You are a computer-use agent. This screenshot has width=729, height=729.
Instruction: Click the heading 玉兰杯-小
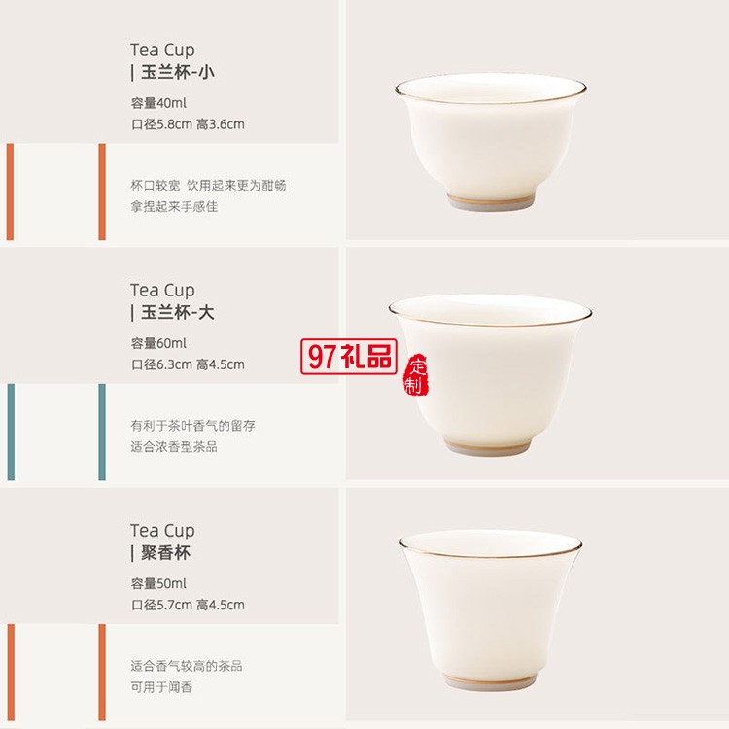pos(178,73)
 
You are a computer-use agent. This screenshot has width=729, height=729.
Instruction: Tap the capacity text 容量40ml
pos(158,103)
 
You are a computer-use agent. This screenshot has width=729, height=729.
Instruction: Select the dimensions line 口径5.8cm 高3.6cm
pos(188,124)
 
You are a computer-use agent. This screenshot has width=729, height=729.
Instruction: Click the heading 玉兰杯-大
pos(178,312)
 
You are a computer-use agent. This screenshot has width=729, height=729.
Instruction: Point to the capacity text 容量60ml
pos(158,343)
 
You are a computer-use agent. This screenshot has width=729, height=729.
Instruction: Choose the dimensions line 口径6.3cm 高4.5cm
pos(188,364)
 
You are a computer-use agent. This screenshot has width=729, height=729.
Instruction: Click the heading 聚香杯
pos(165,553)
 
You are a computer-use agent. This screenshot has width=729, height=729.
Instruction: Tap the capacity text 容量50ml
pos(158,583)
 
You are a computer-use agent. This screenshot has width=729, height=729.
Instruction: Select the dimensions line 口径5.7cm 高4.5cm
pos(188,605)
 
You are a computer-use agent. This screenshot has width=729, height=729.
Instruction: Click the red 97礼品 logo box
pos(349,357)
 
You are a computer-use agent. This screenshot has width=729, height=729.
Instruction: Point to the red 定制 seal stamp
pos(416,375)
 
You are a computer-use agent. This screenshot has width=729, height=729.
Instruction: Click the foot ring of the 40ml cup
pos(491,202)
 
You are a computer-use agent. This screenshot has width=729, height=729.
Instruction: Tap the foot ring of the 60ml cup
pos(489,447)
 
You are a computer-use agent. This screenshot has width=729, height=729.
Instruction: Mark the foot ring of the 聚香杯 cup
pos(490,681)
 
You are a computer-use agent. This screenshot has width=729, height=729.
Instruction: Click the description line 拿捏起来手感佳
pos(174,206)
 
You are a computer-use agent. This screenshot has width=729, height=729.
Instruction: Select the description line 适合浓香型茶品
pos(174,447)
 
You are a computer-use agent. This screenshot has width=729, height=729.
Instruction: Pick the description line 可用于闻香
pos(161,687)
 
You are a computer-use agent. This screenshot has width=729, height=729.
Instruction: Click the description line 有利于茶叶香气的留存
pos(193,426)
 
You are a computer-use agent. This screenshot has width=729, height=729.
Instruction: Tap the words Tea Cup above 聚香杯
pos(162,531)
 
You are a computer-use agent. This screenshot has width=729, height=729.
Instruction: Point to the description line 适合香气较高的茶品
pos(187,666)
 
